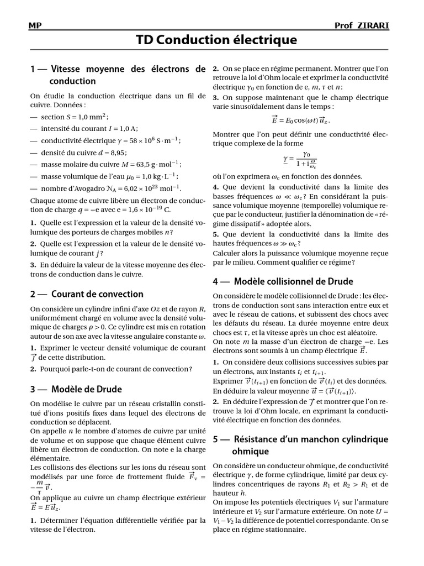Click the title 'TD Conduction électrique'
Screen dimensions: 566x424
coord(216,39)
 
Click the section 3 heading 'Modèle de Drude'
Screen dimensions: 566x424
coord(86,389)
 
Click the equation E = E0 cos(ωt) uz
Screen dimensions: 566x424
coord(301,119)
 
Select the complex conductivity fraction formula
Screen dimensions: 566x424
coord(301,160)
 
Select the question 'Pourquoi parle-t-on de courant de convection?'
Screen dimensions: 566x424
coord(115,369)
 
